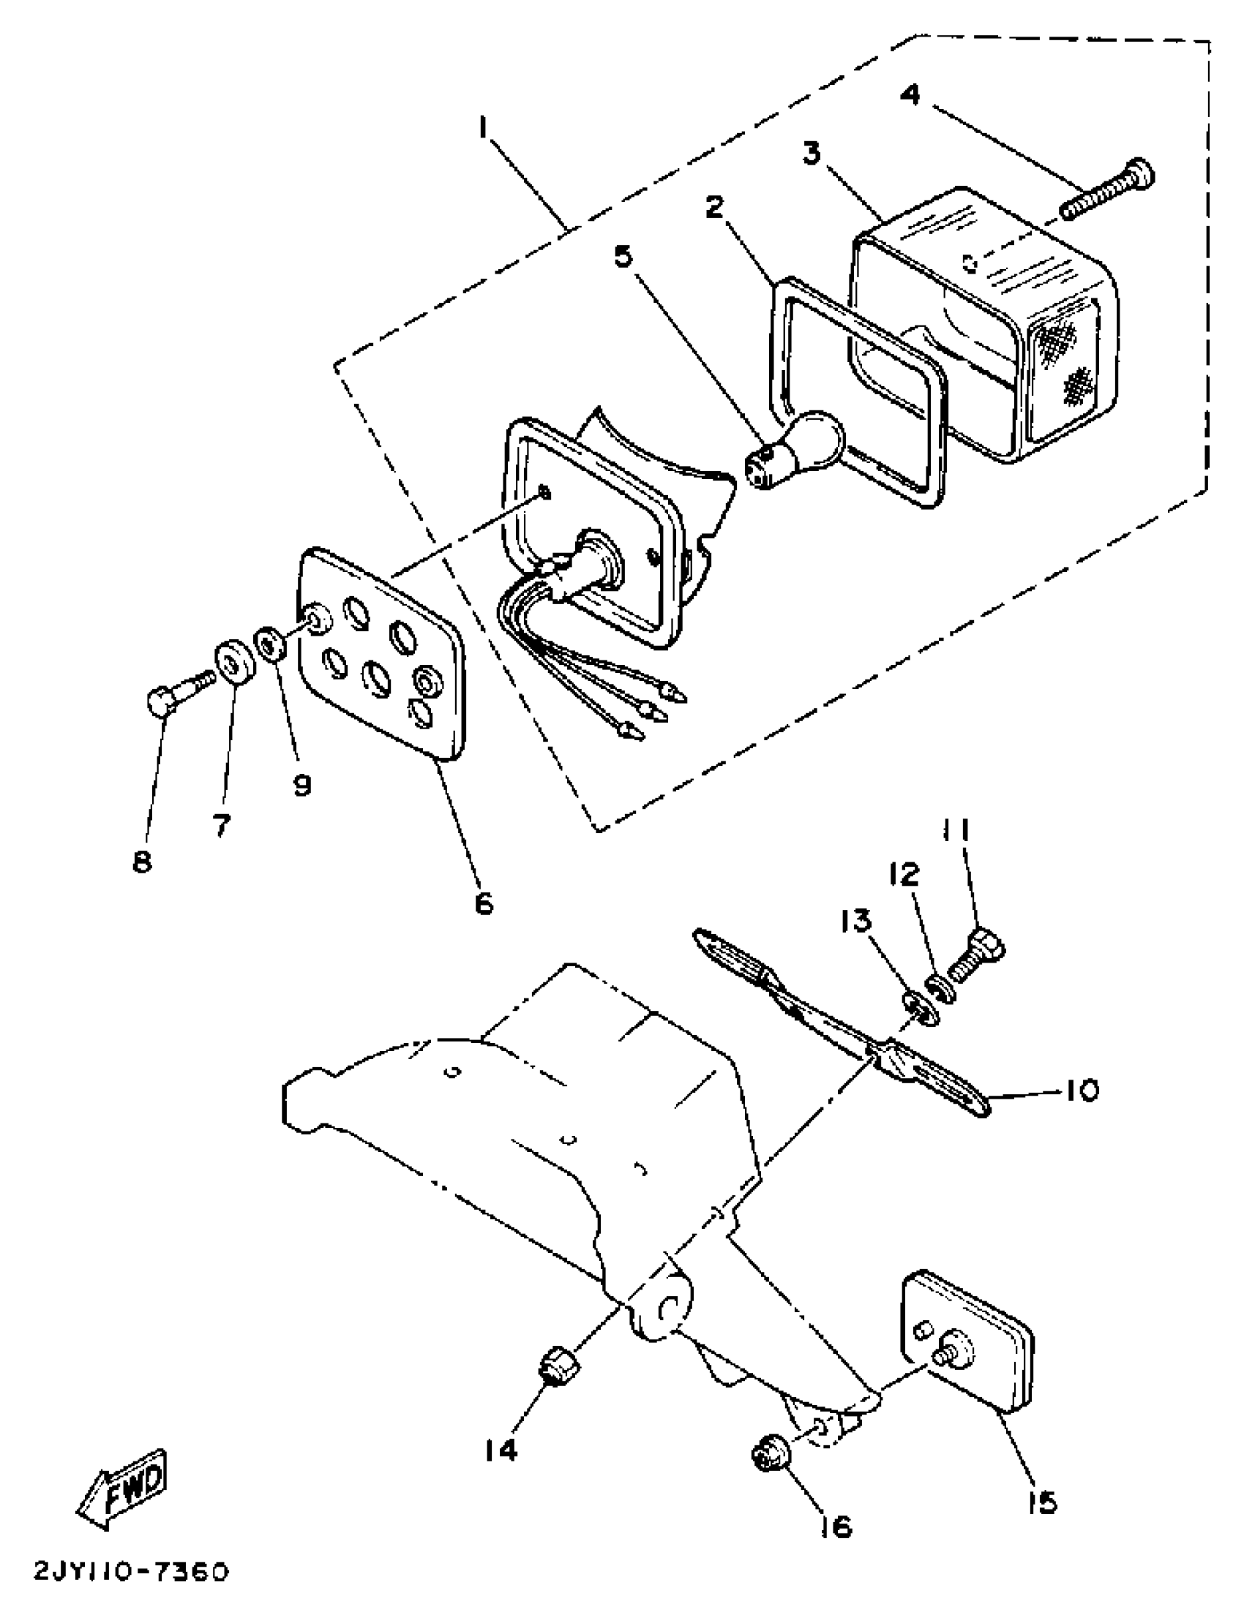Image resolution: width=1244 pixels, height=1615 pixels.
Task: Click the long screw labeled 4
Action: pyautogui.click(x=1107, y=189)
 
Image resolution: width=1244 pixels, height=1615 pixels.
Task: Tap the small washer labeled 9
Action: pyautogui.click(x=268, y=644)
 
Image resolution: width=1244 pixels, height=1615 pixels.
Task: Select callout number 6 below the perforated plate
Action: pyautogui.click(x=484, y=901)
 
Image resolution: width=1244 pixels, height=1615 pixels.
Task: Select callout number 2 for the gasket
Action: pyautogui.click(x=713, y=208)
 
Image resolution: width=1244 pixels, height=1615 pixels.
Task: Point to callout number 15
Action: pyautogui.click(x=1042, y=1497)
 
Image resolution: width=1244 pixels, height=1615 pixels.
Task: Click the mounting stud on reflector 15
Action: pyautogui.click(x=950, y=1352)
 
